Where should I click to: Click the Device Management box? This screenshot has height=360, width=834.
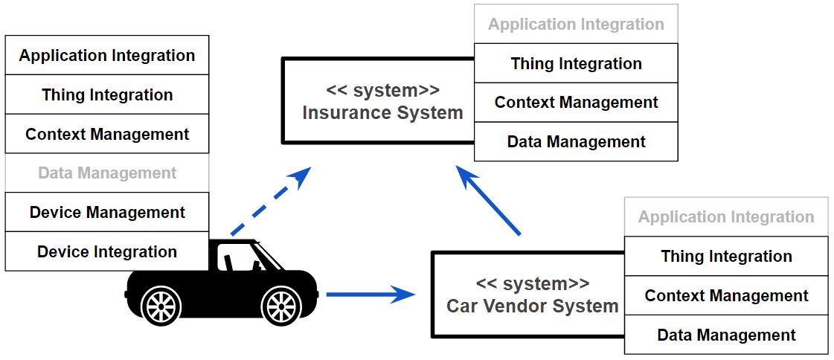pyautogui.click(x=107, y=212)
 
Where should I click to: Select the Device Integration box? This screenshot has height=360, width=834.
pyautogui.click(x=107, y=251)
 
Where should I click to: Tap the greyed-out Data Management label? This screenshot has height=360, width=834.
pyautogui.click(x=107, y=173)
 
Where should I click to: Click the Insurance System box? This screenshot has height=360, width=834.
pyautogui.click(x=379, y=101)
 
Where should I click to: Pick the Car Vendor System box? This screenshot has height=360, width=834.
pyautogui.click(x=529, y=295)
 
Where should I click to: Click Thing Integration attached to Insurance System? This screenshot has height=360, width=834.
pyautogui.click(x=576, y=63)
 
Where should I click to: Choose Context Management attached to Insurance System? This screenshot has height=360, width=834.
pyautogui.click(x=576, y=103)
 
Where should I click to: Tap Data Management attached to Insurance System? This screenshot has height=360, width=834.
pyautogui.click(x=576, y=141)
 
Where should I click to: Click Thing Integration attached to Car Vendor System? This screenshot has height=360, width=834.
pyautogui.click(x=726, y=257)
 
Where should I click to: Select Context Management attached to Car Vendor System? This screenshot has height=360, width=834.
pyautogui.click(x=726, y=296)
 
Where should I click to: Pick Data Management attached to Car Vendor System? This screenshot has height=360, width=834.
pyautogui.click(x=726, y=335)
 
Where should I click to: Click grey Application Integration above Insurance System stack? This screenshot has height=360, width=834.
pyautogui.click(x=576, y=24)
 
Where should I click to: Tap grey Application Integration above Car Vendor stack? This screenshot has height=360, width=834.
pyautogui.click(x=726, y=217)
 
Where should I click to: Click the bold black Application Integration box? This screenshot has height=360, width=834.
pyautogui.click(x=107, y=56)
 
